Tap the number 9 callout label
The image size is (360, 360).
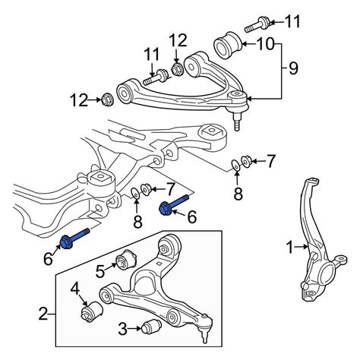(293, 68)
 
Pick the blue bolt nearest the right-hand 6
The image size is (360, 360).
(174, 204)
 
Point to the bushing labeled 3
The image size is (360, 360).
(151, 327)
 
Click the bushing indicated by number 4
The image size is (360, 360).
(92, 311)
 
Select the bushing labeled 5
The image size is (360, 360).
(126, 261)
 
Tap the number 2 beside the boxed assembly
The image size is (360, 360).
(43, 314)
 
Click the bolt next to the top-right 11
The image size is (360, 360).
(257, 24)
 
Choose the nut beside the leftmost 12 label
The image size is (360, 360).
(108, 99)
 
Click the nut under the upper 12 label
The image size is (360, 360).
(177, 68)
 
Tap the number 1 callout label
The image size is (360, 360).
(290, 247)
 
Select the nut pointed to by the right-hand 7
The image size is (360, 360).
(245, 161)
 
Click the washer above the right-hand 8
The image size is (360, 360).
(236, 165)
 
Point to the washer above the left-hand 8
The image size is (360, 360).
(136, 194)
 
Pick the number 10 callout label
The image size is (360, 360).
(265, 44)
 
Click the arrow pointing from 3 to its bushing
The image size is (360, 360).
(134, 329)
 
